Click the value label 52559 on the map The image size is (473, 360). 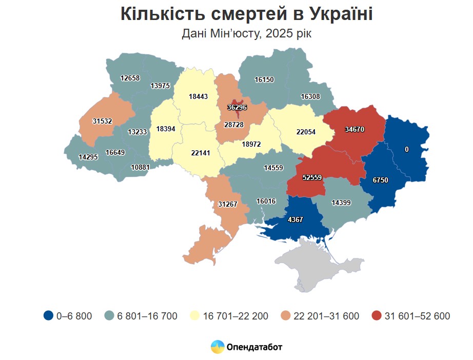(x=312, y=177)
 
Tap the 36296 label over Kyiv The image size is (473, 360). (x=237, y=108)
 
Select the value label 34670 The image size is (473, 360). (x=354, y=129)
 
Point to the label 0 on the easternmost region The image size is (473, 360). (x=407, y=149)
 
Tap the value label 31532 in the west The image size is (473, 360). (x=102, y=121)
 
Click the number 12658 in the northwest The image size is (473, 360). (x=130, y=78)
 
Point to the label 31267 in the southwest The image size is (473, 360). (x=227, y=204)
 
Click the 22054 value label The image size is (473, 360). (x=306, y=132)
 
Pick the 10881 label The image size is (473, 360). (x=140, y=167)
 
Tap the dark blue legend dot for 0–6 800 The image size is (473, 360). (x=49, y=316)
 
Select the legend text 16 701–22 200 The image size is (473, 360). (x=236, y=316)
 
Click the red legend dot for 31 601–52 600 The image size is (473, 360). (x=377, y=316)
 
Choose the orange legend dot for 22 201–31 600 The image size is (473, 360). (x=286, y=316)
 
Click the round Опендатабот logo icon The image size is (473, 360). (x=218, y=347)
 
